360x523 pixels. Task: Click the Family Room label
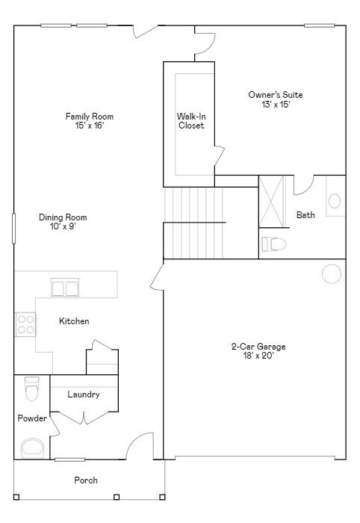point(89,120)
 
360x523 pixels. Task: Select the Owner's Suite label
point(276,99)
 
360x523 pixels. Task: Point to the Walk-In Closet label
point(190,121)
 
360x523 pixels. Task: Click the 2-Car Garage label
point(258,351)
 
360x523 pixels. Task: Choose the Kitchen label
point(74,321)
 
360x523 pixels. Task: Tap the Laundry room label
point(83,394)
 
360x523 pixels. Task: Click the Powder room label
point(32,418)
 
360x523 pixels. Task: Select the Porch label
point(85,480)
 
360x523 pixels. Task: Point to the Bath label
point(305,215)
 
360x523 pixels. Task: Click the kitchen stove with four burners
point(25,324)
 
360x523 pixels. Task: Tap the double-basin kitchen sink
point(65,287)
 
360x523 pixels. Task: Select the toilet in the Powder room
point(31,389)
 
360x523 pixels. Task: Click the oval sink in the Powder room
point(32,448)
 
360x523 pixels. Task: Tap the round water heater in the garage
point(331,274)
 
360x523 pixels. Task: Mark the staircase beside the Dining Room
point(193,222)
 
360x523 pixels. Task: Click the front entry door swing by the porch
point(139,446)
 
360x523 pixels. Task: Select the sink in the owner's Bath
point(335,200)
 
